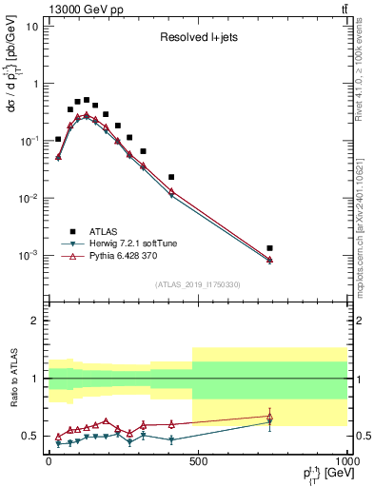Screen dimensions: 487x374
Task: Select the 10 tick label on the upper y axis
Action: click(30, 26)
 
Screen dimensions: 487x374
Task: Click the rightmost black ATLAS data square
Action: click(269, 248)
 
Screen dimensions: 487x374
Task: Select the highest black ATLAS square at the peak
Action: click(87, 100)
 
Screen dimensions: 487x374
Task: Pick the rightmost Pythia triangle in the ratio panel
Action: click(269, 416)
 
